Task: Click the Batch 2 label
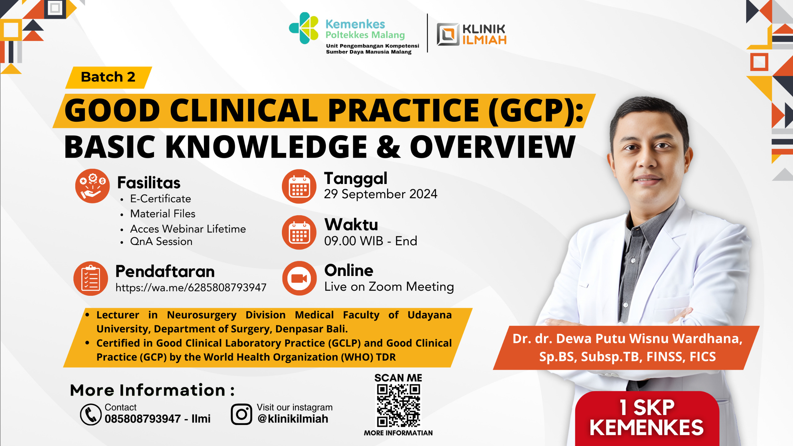pyautogui.click(x=108, y=77)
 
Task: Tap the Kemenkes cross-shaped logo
pyautogui.click(x=304, y=28)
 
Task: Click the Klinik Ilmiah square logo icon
pyautogui.click(x=448, y=34)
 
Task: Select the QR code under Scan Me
pyautogui.click(x=398, y=405)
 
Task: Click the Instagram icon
pyautogui.click(x=241, y=414)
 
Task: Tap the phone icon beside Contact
pyautogui.click(x=91, y=414)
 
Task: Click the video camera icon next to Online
pyautogui.click(x=299, y=278)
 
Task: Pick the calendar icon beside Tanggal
pyautogui.click(x=299, y=186)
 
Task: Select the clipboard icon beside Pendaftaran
pyautogui.click(x=91, y=278)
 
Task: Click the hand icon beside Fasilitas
pyautogui.click(x=92, y=186)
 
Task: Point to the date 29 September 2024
pyautogui.click(x=380, y=194)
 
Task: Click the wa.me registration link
pyautogui.click(x=191, y=287)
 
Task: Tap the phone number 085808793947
pyautogui.click(x=142, y=419)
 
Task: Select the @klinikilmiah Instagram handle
pyautogui.click(x=293, y=419)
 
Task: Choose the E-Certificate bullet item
pyautogui.click(x=160, y=199)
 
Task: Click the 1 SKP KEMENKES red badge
pyautogui.click(x=647, y=418)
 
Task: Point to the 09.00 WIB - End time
pyautogui.click(x=370, y=241)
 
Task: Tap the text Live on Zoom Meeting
pyautogui.click(x=389, y=287)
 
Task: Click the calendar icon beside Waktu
pyautogui.click(x=299, y=233)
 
